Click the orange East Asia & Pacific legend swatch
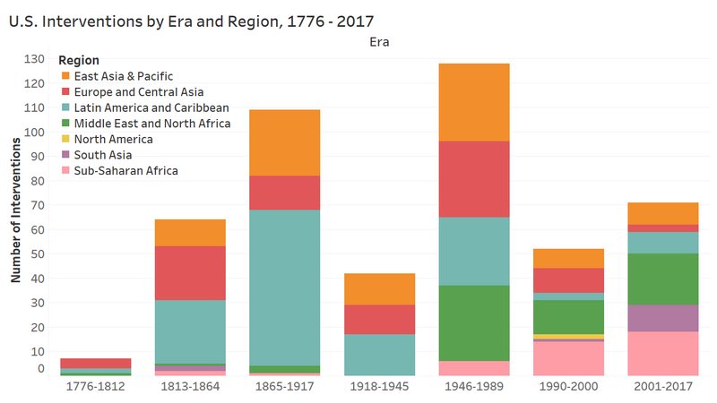[x=65, y=76]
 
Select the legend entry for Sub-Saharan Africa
[x=126, y=170]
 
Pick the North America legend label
[x=113, y=139]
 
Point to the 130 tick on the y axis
[x=34, y=59]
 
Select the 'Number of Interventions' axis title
[x=16, y=214]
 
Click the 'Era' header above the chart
[x=379, y=41]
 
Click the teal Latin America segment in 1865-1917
[x=285, y=287]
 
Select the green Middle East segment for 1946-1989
[x=474, y=323]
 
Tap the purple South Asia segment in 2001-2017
[x=662, y=318]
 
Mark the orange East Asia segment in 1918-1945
[x=379, y=288]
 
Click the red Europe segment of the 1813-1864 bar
[x=190, y=273]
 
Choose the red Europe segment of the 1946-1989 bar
[x=474, y=179]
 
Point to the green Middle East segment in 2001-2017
[x=662, y=279]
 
